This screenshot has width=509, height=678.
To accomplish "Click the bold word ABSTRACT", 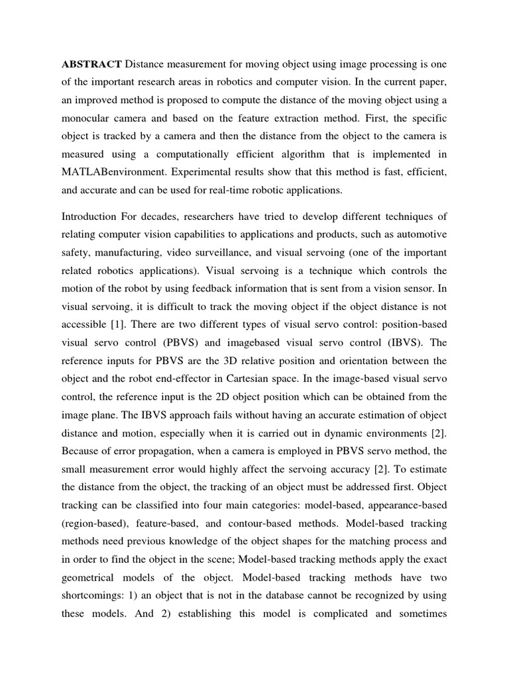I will (91, 64).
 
